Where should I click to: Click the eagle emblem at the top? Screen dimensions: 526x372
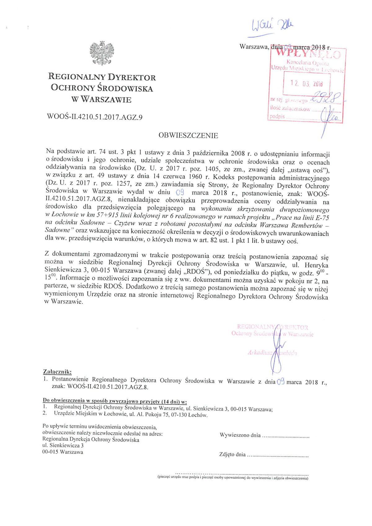102,53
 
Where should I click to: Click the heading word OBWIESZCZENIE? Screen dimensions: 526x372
188,136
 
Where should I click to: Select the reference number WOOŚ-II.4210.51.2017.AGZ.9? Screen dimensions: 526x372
95,117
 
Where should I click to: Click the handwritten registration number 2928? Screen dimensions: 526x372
325,97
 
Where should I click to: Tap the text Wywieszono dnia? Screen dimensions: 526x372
240,435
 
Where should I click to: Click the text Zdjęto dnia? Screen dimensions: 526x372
232,454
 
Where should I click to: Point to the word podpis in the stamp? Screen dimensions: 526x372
277,117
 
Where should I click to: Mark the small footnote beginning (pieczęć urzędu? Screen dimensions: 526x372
232,478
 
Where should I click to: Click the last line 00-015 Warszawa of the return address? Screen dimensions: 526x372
63,452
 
